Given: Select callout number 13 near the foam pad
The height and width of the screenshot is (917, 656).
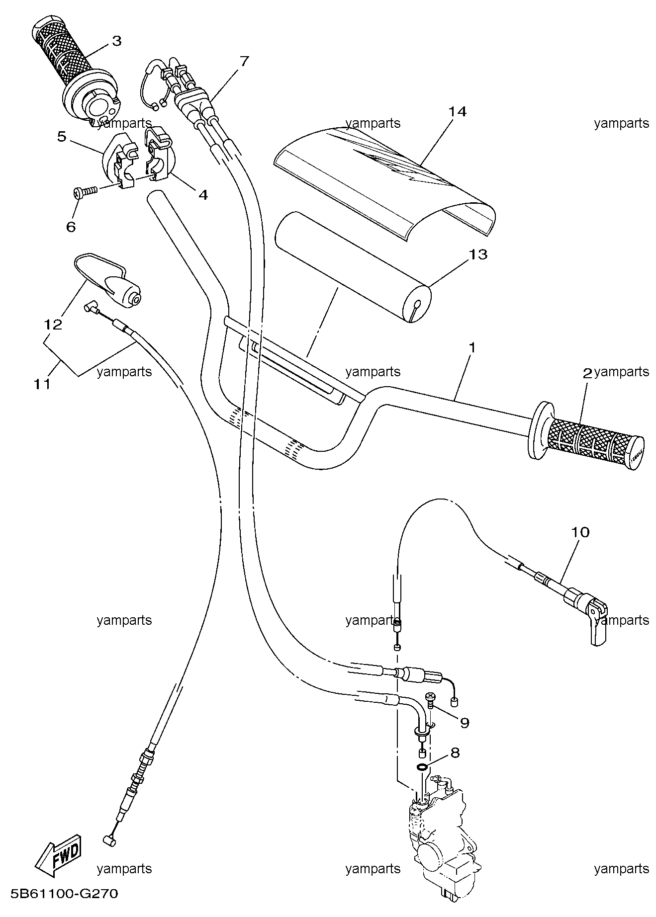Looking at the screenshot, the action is point(478,254).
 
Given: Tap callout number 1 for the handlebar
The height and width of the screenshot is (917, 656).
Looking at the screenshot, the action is point(472,347).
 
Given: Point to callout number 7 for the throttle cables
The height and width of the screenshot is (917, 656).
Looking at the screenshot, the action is point(244,62).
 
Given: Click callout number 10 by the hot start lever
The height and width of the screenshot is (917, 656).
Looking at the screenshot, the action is point(580,532).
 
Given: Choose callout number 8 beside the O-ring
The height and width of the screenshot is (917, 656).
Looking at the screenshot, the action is point(455,752).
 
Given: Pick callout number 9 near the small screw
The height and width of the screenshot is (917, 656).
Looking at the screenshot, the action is point(464,722).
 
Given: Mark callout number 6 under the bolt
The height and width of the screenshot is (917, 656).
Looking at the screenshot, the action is point(71,227).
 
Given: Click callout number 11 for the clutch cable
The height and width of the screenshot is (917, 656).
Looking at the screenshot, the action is point(42,384).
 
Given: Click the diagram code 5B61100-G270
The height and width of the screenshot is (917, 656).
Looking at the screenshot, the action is point(60,894).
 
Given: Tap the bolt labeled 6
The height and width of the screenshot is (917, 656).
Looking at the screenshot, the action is point(86,191).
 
